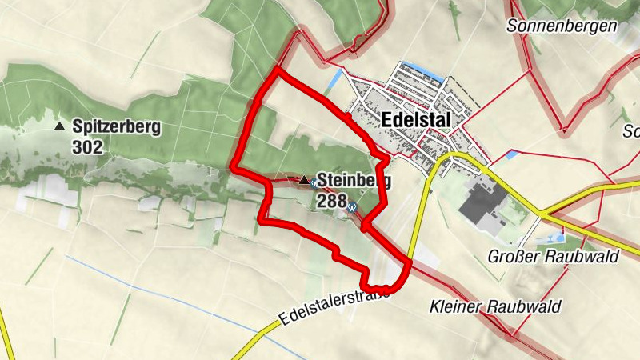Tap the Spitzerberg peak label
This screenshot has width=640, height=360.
(116, 126)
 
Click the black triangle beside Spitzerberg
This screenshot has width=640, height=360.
(59, 126)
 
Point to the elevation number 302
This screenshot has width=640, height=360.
(87, 147)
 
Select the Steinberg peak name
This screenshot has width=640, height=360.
(348, 180)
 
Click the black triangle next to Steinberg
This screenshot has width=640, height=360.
(303, 182)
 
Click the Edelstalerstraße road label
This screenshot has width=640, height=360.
(335, 305)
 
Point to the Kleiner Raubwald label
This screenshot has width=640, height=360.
(494, 306)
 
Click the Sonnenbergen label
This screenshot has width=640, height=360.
(562, 26)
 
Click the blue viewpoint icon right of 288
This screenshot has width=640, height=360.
(352, 204)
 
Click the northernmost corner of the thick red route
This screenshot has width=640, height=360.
(278, 71)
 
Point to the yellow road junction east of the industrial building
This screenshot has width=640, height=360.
(542, 214)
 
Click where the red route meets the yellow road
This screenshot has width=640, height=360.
(409, 262)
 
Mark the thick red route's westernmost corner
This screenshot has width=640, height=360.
(234, 168)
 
